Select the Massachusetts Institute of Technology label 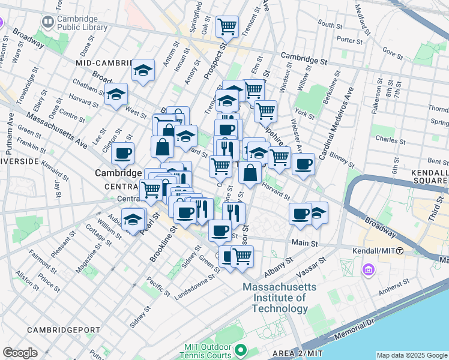(276, 298)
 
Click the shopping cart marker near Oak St (227, 26)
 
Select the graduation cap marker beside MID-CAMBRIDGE (143, 71)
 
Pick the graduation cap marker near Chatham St (116, 94)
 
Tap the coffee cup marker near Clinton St (122, 153)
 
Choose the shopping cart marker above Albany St (242, 256)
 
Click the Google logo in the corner (20, 353)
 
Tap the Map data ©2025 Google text (411, 355)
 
